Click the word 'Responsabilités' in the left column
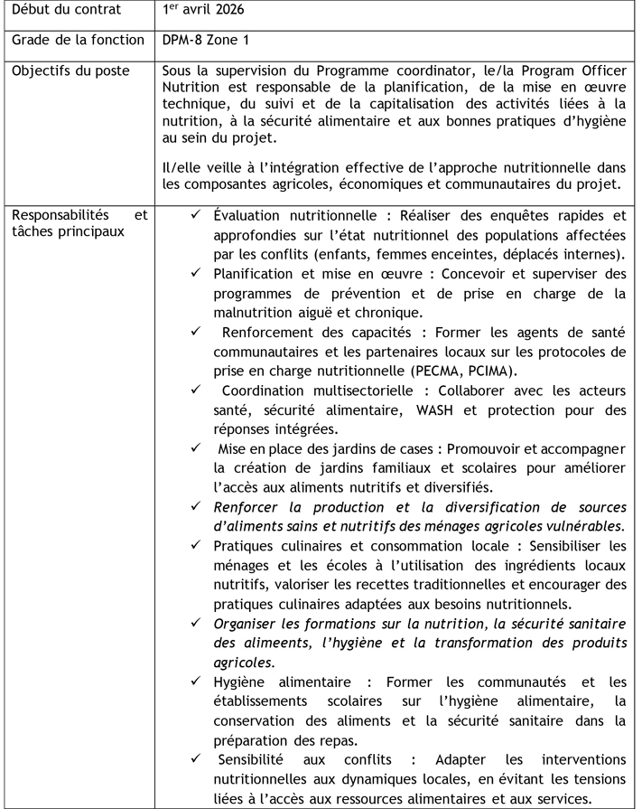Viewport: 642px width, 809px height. pyautogui.click(x=56, y=217)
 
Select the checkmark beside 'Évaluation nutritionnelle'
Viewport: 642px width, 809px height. pyautogui.click(x=196, y=217)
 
